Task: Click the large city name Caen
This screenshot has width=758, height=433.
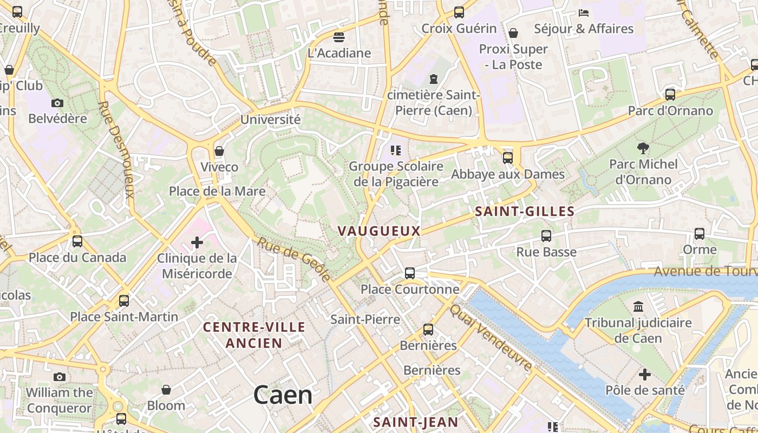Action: tap(283, 395)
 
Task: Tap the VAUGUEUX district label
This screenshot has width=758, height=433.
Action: tap(379, 231)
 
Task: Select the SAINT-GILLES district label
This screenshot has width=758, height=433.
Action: tap(524, 212)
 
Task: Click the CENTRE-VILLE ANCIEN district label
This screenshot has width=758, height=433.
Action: tap(254, 335)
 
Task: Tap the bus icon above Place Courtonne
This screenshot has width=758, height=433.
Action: tap(410, 273)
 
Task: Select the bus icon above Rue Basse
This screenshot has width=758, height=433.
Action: tap(546, 236)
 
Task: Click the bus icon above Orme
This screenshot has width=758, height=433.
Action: tap(700, 234)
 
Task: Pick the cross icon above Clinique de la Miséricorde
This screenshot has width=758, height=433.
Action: tap(197, 242)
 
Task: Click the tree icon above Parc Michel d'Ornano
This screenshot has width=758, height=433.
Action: tap(643, 148)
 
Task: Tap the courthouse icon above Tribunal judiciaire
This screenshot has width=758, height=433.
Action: tap(638, 307)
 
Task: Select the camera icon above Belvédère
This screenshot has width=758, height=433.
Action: tap(57, 103)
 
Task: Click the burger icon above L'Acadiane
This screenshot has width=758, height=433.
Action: tap(339, 37)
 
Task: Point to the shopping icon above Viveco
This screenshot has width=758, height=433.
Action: tap(219, 151)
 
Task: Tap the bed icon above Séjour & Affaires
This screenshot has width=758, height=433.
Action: tap(584, 12)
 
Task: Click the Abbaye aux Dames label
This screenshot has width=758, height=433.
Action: tap(508, 174)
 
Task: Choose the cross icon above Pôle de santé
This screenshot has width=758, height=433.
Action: tap(645, 374)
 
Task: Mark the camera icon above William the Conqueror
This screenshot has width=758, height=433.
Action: tap(60, 377)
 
